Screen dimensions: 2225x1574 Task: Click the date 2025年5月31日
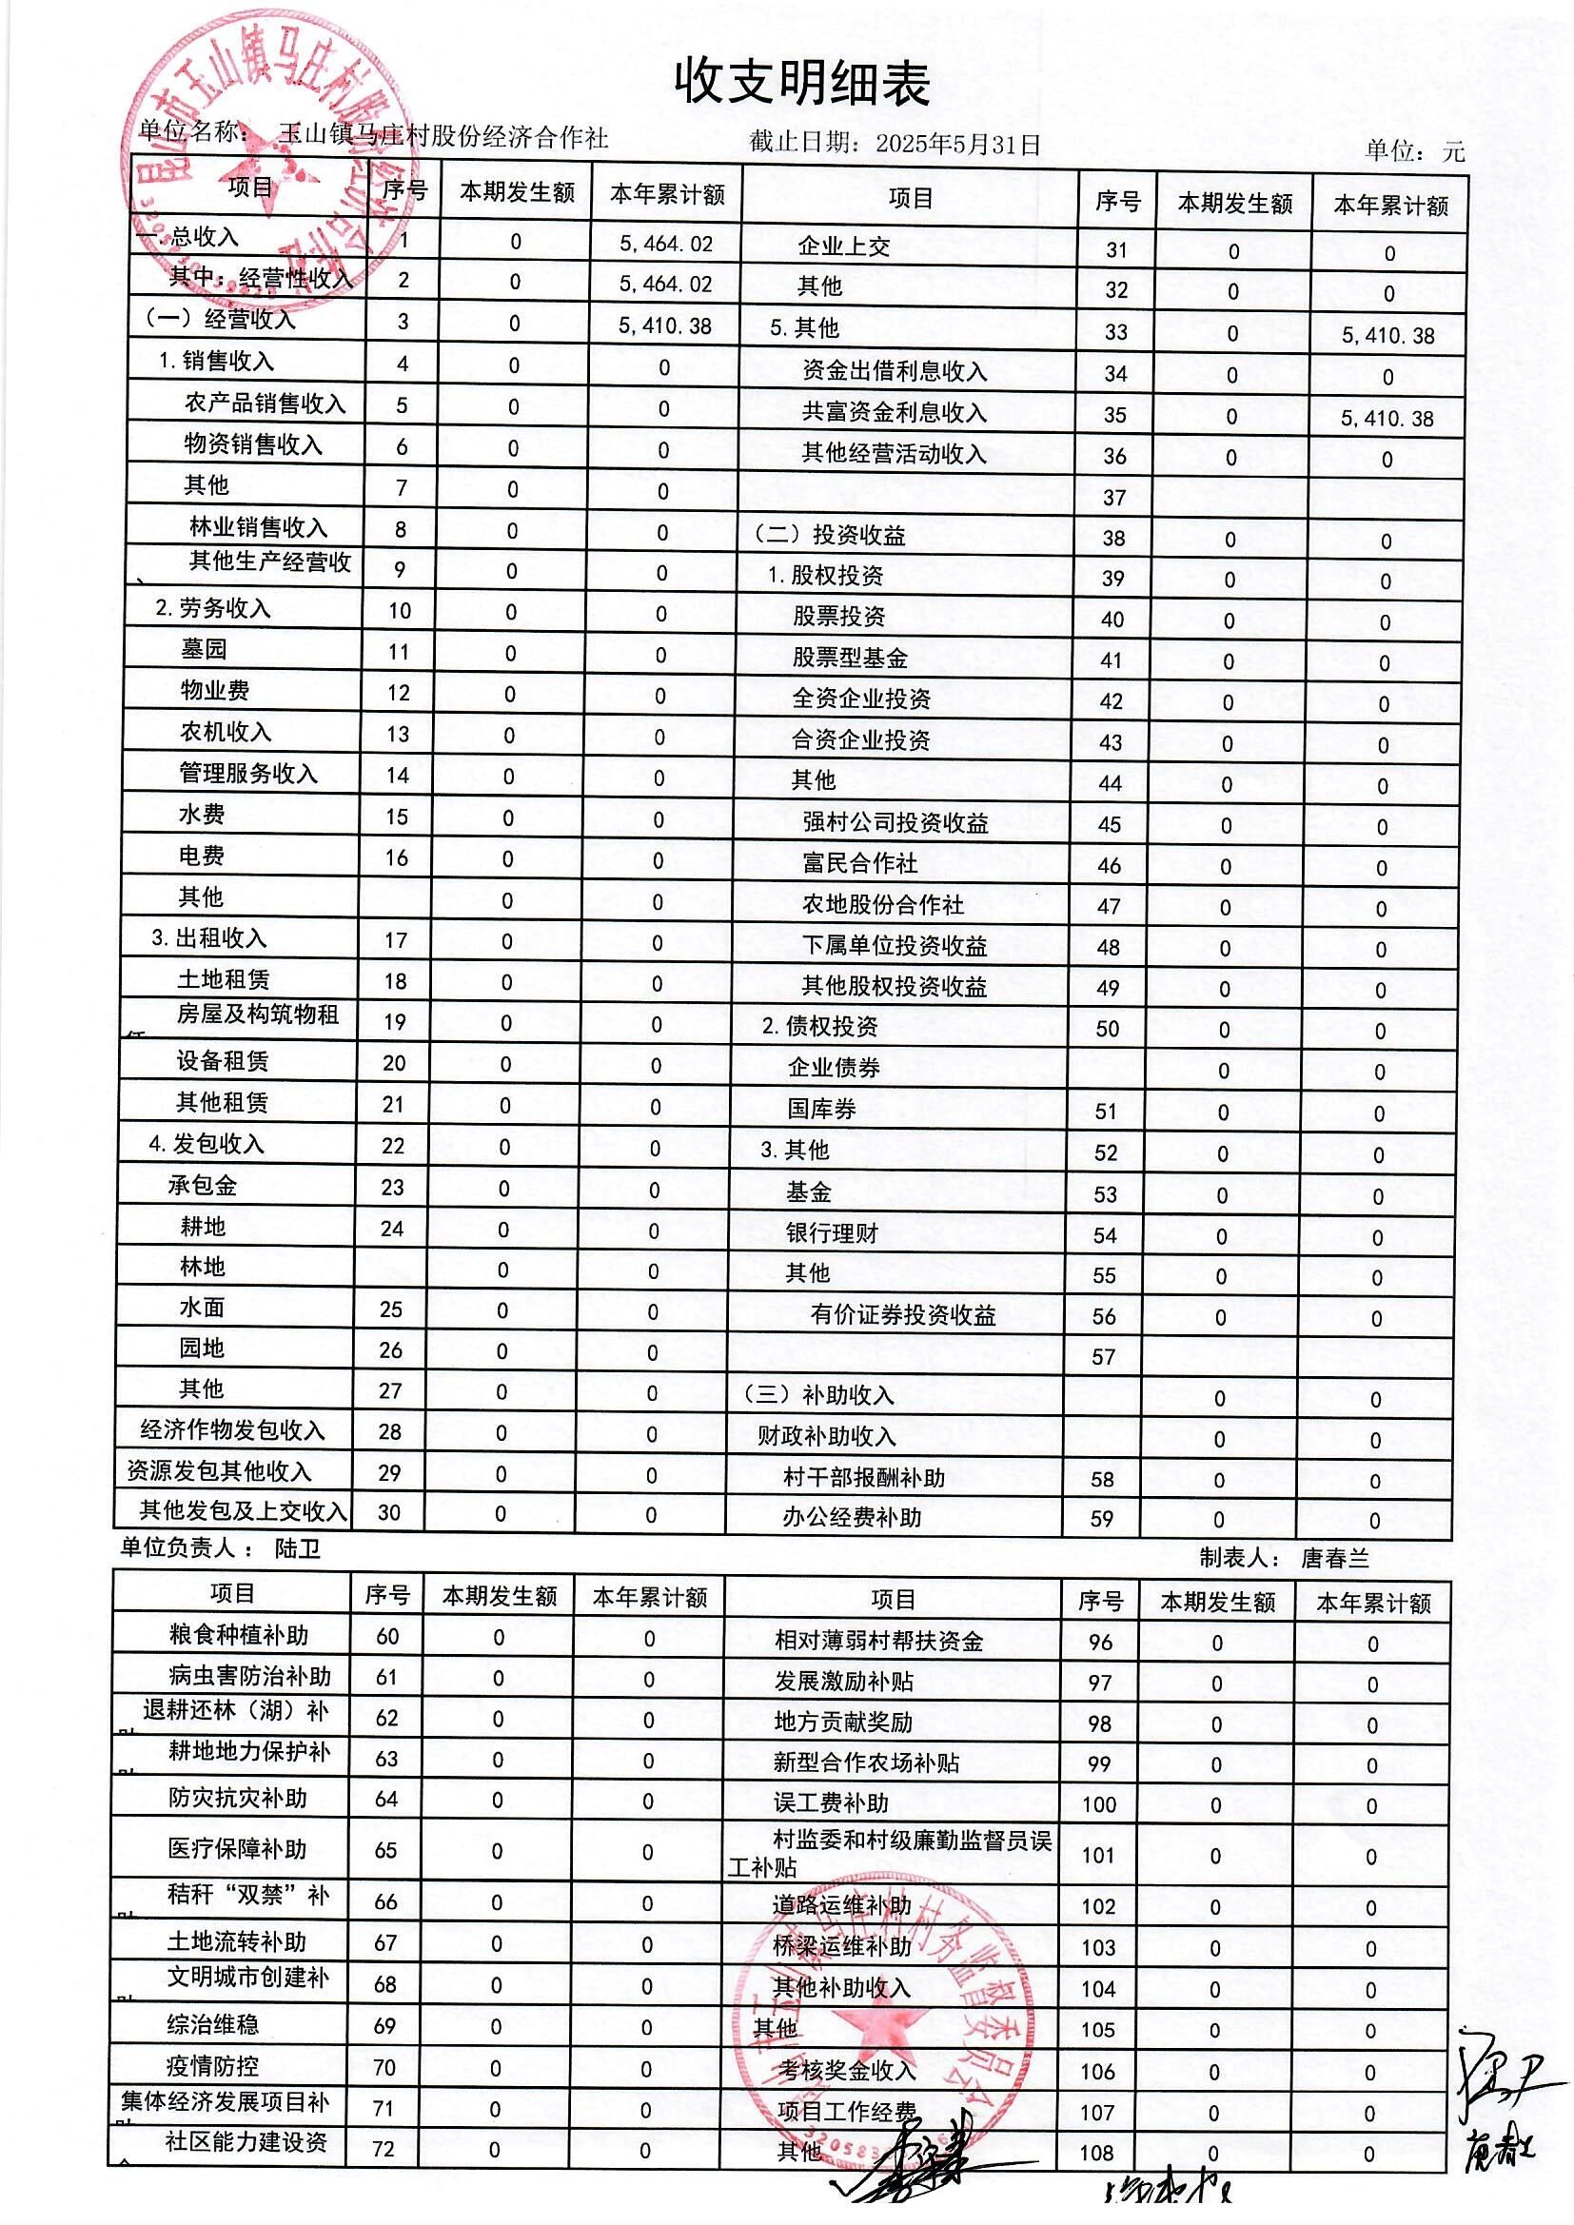[957, 145]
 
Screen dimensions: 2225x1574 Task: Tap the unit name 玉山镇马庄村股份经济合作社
[443, 138]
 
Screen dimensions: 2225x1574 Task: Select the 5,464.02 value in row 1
[666, 244]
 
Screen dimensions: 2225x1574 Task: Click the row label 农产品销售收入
[265, 404]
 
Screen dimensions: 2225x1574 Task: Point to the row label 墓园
[204, 649]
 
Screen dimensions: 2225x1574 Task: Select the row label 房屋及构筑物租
[257, 1014]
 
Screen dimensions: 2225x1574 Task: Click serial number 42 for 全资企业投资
[1111, 701]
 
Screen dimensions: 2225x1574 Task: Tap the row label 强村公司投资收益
[895, 823]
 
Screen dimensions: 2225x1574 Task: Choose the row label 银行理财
[832, 1233]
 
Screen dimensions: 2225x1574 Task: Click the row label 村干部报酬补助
[863, 1478]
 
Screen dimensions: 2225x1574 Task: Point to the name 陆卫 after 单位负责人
[298, 1548]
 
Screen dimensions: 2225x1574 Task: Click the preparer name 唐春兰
[1334, 1558]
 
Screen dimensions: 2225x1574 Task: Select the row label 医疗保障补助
[238, 1849]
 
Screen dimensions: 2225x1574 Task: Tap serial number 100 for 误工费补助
[1099, 1804]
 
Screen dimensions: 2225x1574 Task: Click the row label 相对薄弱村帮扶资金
[878, 1641]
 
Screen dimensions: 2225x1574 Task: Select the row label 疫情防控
[212, 2066]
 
